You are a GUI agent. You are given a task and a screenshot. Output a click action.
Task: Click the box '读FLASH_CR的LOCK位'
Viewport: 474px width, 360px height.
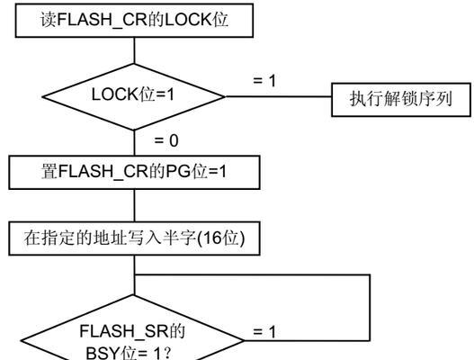coord(134,21)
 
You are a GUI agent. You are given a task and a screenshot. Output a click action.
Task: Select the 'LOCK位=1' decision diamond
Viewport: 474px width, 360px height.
coord(134,97)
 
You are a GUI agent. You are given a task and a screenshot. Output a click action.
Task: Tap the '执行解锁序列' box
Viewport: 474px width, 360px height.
coord(401,100)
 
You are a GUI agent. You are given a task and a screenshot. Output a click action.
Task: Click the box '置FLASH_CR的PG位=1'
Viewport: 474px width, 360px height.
coord(134,173)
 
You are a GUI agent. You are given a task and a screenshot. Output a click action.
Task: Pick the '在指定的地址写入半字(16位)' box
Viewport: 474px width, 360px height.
coord(134,238)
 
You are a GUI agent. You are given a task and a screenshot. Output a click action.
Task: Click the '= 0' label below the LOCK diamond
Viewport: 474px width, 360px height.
coord(166,140)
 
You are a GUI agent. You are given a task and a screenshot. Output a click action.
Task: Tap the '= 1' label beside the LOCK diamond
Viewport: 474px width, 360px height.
coord(264,81)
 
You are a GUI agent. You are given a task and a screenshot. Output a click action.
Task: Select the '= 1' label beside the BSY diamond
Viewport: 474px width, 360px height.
coord(264,331)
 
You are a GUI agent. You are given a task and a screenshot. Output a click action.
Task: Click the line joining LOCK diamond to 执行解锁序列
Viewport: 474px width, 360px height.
coord(279,97)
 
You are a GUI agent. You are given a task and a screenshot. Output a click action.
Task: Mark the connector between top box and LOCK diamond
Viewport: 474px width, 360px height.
coord(134,50)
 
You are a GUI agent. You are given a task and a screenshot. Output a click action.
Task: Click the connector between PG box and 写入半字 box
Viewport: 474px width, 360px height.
coord(134,206)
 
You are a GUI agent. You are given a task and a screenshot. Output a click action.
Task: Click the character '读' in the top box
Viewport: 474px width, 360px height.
coord(49,20)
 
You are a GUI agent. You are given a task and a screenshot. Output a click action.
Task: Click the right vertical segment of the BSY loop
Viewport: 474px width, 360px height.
coord(370,308)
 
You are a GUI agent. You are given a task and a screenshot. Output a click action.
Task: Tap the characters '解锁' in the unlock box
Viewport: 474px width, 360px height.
coord(401,99)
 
